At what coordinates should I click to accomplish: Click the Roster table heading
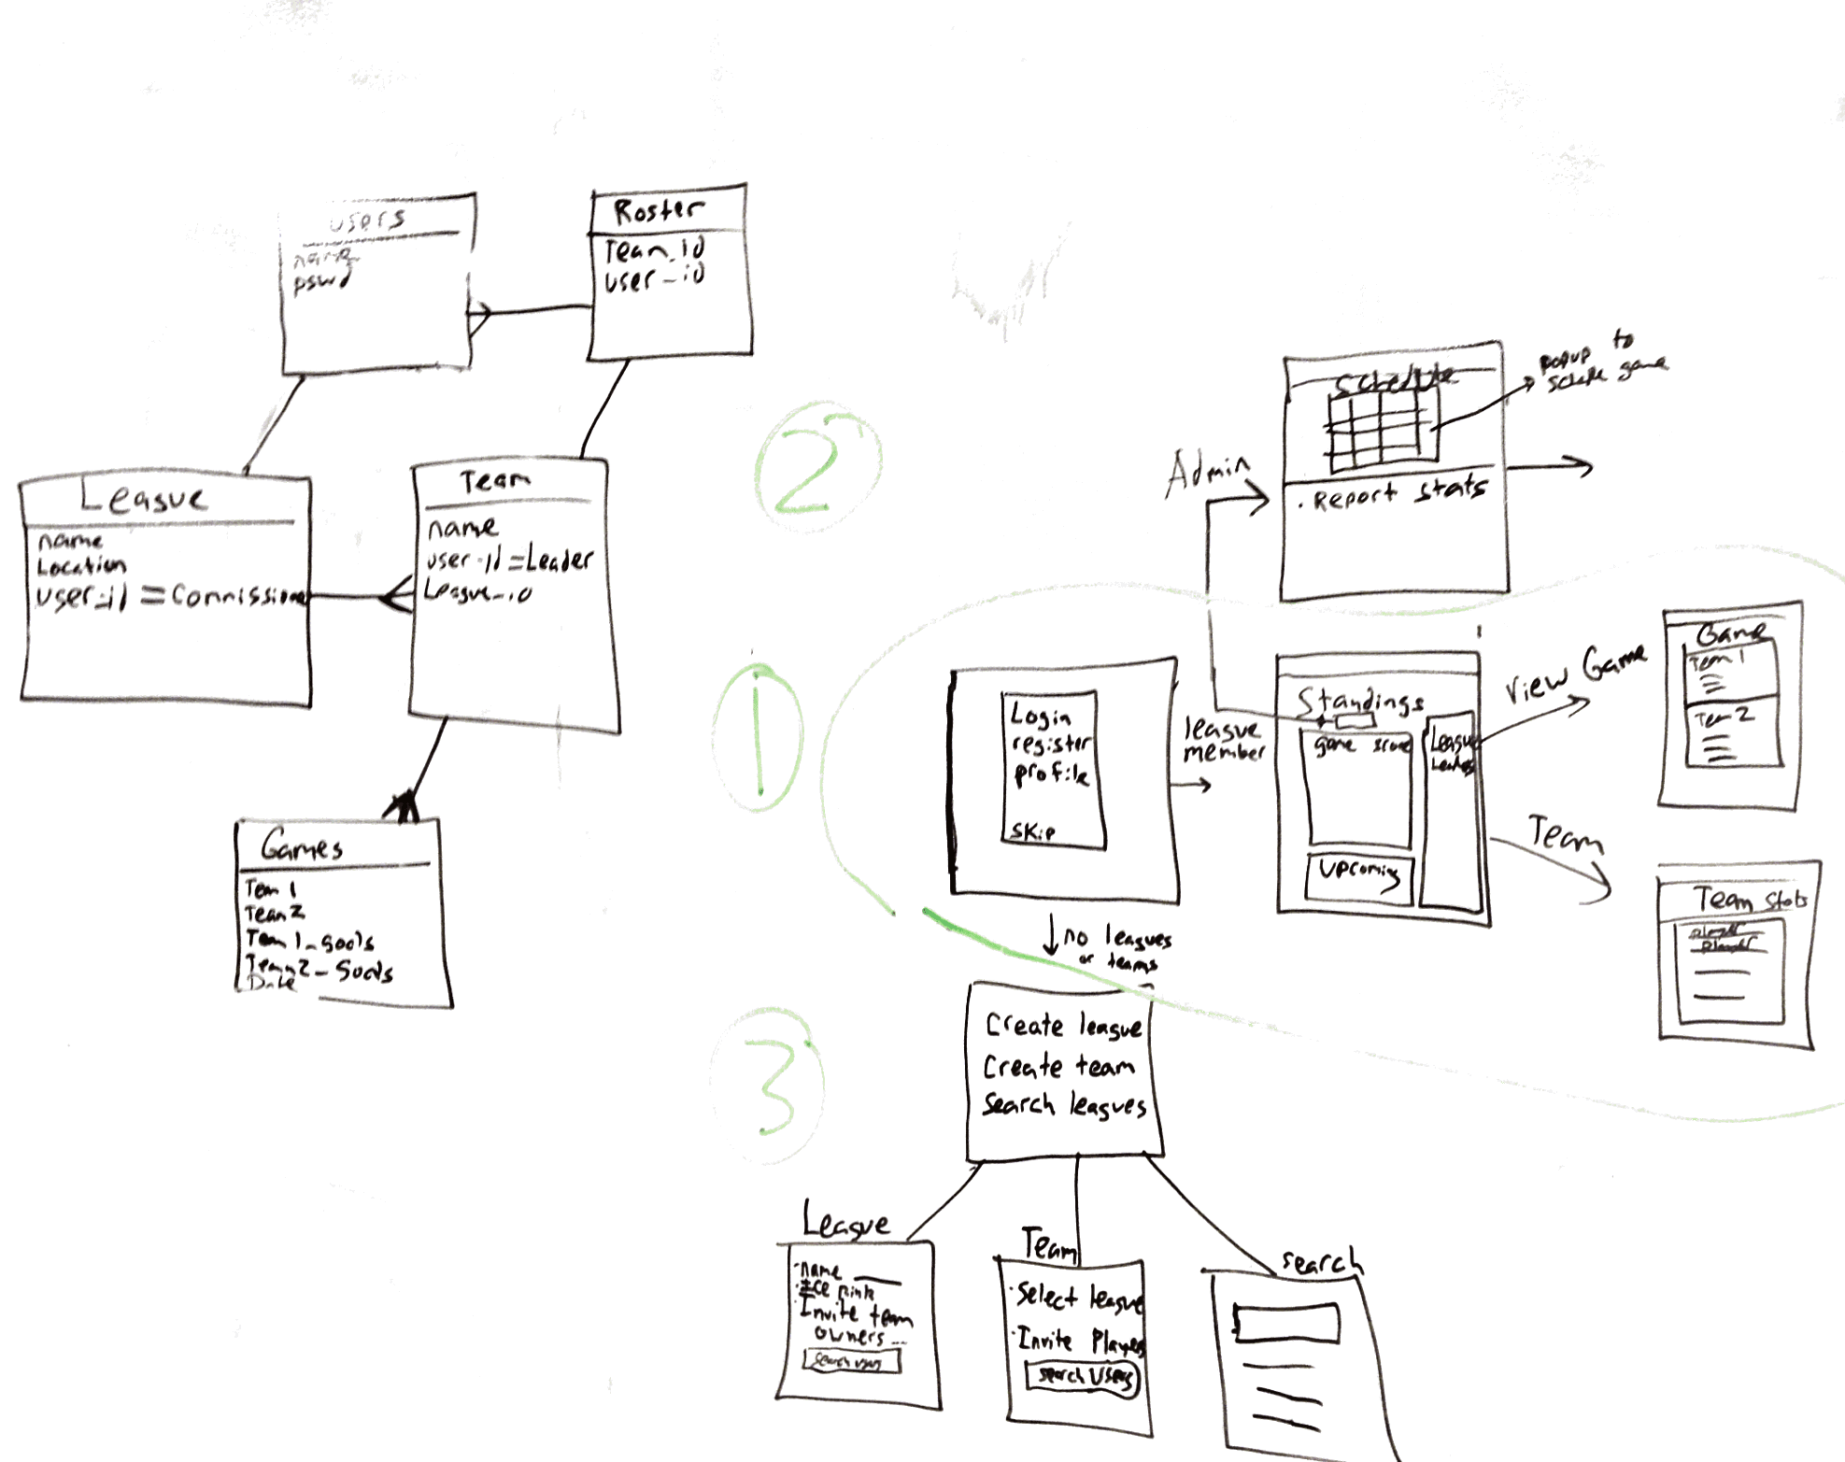658,210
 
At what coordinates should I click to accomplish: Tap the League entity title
145,498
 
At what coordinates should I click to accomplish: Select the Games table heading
302,846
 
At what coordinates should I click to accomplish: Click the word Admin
1206,473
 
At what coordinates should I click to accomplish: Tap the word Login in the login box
1041,716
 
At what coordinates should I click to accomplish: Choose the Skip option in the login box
1032,830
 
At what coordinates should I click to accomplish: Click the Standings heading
1360,701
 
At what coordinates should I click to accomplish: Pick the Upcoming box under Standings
1359,876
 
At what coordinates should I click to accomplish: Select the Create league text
1063,1027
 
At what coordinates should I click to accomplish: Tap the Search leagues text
1064,1106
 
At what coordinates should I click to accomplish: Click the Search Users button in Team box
1084,1376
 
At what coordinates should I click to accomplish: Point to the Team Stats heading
1750,900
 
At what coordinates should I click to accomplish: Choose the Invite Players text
1080,1341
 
